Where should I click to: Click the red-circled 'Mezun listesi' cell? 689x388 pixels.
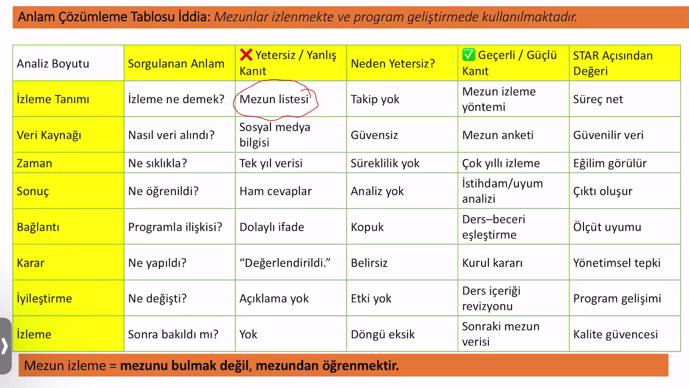274,99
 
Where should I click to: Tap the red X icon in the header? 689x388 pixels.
246,54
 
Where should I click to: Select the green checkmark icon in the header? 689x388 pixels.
468,55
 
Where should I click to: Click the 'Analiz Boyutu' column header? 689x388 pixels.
53,64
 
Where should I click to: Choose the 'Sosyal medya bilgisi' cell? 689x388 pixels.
275,135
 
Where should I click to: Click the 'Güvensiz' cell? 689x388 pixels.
374,135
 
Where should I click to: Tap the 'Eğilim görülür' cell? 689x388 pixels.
610,164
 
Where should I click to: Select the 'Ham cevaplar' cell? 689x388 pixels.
276,191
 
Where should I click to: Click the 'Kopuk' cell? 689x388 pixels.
368,227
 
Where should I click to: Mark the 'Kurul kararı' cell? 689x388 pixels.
493,263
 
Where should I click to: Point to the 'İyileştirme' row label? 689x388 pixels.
45,299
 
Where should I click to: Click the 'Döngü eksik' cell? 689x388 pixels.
383,334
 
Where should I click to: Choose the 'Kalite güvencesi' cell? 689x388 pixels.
615,334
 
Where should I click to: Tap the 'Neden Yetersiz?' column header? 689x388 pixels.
393,64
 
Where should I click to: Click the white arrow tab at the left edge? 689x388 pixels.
5,345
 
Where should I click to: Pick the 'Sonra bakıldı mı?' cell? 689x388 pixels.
173,334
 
